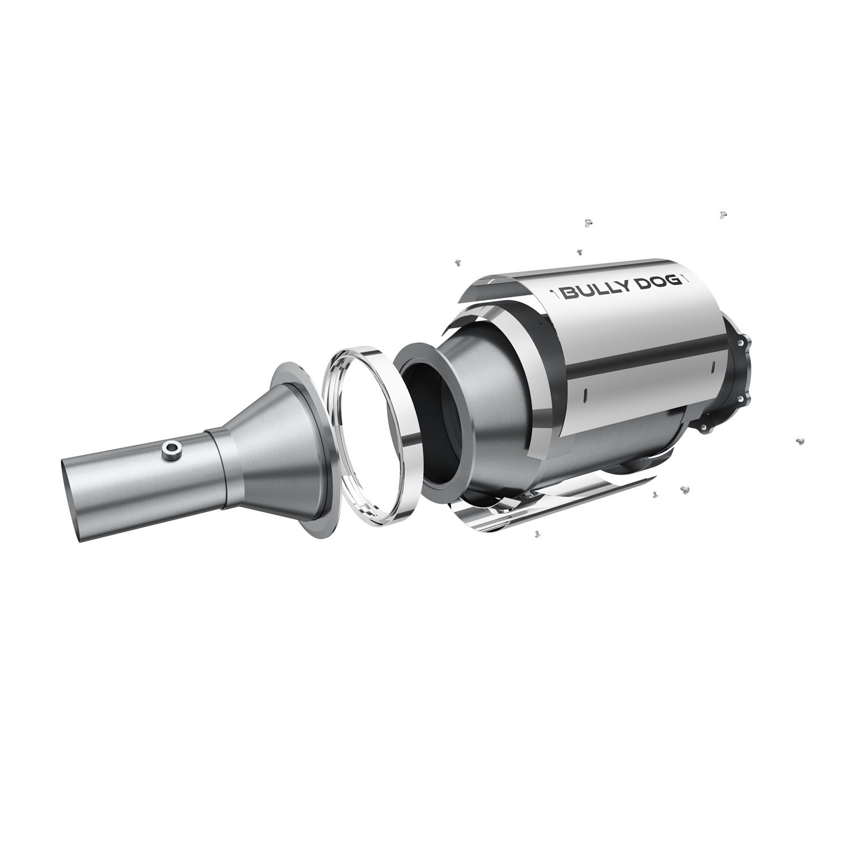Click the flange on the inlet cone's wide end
303,436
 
